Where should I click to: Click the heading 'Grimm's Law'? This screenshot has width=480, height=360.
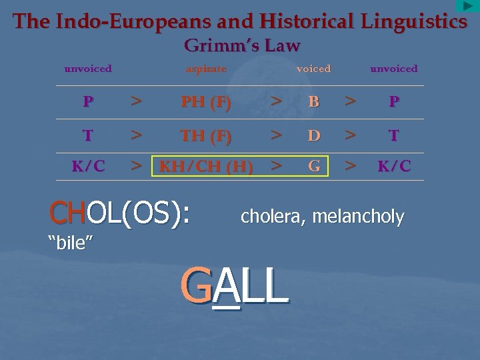click(x=242, y=46)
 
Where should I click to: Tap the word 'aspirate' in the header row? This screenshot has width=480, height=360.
click(x=206, y=69)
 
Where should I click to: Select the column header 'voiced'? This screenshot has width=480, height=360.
click(x=313, y=69)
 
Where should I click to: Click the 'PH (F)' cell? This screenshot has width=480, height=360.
click(x=206, y=102)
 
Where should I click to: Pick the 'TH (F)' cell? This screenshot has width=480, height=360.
click(x=206, y=136)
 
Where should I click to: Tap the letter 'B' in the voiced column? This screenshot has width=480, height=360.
click(x=314, y=102)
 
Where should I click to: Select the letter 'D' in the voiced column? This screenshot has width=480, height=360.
click(x=314, y=136)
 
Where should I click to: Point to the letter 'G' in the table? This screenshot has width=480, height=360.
click(x=314, y=166)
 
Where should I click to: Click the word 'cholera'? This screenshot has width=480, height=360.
click(x=269, y=216)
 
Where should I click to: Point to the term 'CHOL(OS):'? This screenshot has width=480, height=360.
click(x=120, y=213)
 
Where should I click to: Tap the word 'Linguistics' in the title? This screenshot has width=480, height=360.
click(x=414, y=21)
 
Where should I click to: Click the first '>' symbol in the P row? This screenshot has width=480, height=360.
click(x=136, y=102)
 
